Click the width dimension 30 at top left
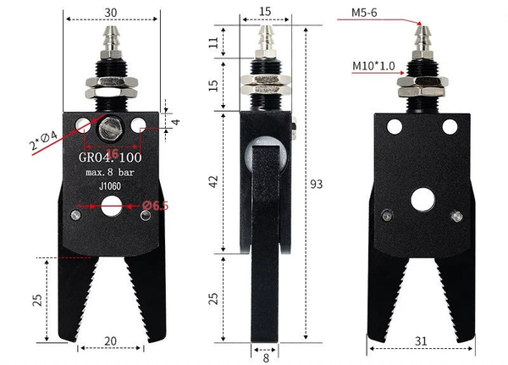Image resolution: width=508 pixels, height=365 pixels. click(x=111, y=13)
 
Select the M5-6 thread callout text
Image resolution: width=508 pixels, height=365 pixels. click(x=364, y=13)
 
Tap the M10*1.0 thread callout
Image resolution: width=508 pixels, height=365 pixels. click(x=373, y=66)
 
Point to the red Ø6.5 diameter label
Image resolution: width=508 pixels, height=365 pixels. click(x=155, y=206)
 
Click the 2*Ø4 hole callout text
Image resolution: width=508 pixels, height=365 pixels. click(x=43, y=140)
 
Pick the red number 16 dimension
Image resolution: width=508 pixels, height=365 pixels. click(x=112, y=153)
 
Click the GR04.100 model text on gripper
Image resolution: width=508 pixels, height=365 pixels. click(x=110, y=158)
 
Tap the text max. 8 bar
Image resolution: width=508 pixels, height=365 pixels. click(x=110, y=172)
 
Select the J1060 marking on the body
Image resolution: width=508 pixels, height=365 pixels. click(x=110, y=186)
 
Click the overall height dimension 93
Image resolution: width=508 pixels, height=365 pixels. click(x=317, y=184)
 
